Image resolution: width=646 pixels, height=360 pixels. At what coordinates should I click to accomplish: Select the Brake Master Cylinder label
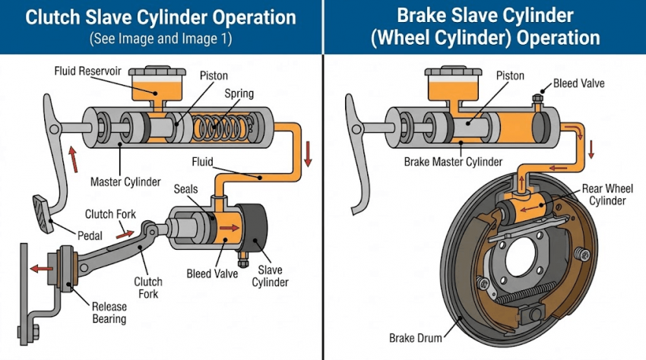pos(453,162)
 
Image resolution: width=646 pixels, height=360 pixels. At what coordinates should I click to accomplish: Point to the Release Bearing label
pos(109,312)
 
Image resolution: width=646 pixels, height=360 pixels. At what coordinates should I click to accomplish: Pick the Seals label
pos(187,188)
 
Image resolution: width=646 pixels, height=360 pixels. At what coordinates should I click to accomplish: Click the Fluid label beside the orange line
pos(203,161)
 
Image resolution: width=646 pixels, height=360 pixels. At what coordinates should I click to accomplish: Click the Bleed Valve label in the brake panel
pos(579,83)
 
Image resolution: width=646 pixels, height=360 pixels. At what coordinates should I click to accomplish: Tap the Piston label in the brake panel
pos(510,76)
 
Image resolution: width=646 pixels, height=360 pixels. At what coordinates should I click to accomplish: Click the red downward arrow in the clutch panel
pos(308,158)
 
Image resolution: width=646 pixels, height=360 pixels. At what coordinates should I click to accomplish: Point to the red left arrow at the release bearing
pos(43,267)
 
